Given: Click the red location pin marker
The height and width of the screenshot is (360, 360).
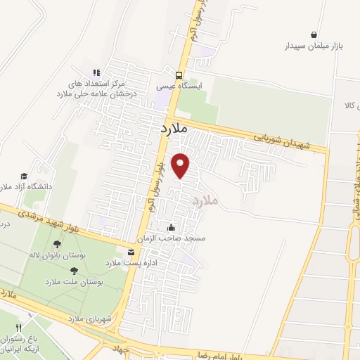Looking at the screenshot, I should click(x=181, y=165).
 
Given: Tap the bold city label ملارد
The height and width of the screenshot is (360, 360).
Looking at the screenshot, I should click(x=171, y=129).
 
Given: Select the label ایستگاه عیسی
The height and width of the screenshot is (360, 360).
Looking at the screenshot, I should click(x=180, y=86).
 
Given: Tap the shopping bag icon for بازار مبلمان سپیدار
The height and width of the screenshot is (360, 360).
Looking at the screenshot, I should click(x=313, y=34).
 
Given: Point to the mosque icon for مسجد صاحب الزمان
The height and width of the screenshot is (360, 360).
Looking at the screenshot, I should click(x=171, y=227).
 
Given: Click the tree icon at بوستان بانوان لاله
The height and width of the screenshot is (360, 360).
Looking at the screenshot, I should click(x=57, y=244).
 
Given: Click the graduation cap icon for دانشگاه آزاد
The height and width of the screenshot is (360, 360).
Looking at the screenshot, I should click(x=23, y=176).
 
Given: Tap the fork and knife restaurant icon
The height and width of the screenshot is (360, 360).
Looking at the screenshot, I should click(x=19, y=328).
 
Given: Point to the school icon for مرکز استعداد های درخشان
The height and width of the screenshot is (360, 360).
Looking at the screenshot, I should click(x=97, y=72).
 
